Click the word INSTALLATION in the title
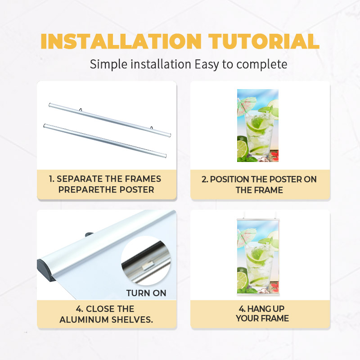point(121,41)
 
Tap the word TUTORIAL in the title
point(264,41)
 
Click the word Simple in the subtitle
point(108,64)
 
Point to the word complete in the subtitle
point(262,64)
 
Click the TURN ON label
point(146,293)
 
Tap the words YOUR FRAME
point(262,319)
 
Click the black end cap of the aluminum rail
point(45,270)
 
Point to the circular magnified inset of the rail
point(146,261)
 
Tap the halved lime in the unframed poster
point(243,148)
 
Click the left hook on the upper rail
point(81,109)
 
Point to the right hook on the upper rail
point(151,127)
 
